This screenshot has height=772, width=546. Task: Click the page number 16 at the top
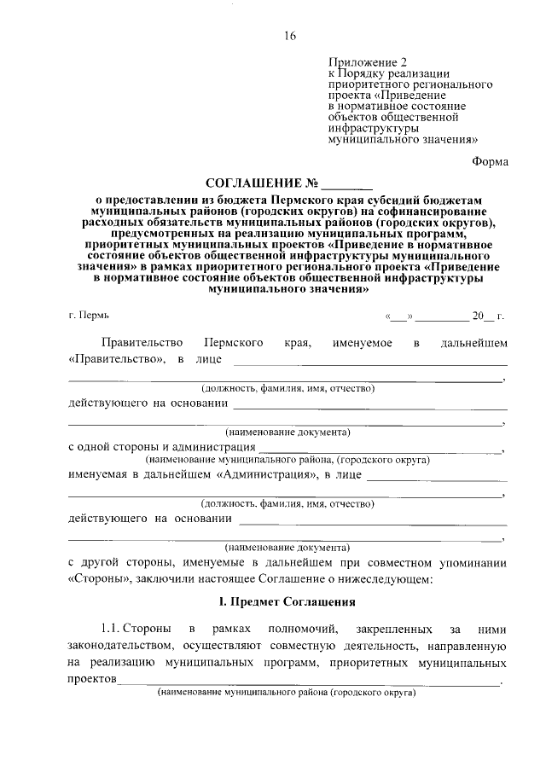pos(289,35)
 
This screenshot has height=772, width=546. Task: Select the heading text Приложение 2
pos(363,63)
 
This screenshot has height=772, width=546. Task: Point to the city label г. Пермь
pos(89,316)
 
